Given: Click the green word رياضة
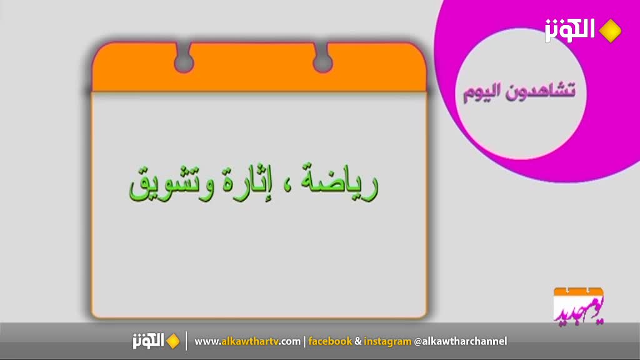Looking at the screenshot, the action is (339, 183).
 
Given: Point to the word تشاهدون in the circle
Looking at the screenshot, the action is (541, 91).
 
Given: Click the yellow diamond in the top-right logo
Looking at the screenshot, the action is (610, 31).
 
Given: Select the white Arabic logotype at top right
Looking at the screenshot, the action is (569, 30).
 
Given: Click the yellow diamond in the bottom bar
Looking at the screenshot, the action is (173, 341).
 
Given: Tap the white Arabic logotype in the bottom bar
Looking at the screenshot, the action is (148, 341).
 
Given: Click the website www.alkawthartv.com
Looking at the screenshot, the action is (247, 341).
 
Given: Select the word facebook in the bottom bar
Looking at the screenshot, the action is (330, 341).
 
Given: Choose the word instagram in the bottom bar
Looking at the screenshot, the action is (387, 342).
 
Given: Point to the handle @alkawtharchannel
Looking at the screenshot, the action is (461, 341).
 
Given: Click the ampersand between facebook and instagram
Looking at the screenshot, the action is (358, 342).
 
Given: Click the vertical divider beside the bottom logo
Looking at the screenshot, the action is (186, 341).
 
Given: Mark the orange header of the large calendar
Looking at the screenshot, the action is (259, 67).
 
